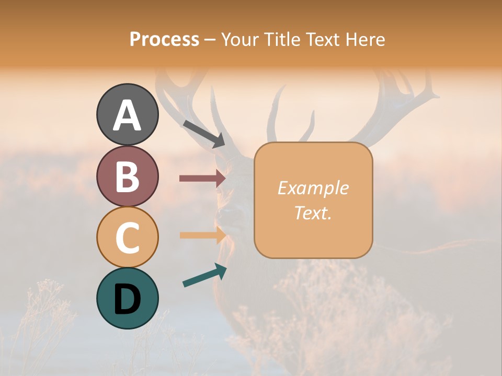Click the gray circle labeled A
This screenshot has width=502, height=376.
[127, 114]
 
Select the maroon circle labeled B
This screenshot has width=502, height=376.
[127, 176]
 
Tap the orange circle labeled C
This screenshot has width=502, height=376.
[127, 237]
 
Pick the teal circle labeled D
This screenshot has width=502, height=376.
[127, 298]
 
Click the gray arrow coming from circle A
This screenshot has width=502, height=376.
[204, 134]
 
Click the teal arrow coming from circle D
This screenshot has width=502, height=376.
[204, 275]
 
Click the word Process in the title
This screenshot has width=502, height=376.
[165, 40]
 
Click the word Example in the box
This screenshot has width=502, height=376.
[313, 188]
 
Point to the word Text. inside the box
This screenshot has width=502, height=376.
[313, 213]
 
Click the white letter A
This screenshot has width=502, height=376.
[127, 115]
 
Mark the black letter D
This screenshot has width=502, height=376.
[127, 299]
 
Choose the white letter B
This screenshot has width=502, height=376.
[127, 177]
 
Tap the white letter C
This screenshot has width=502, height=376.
[127, 238]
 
